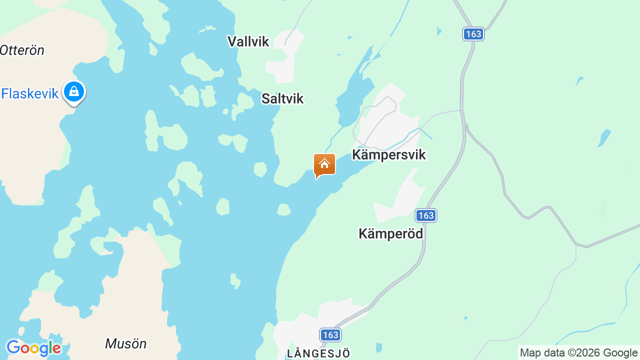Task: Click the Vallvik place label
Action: click(248, 41)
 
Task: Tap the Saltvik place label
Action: click(282, 98)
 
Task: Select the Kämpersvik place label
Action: click(388, 154)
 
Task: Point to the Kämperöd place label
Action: click(390, 233)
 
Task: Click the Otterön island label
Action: click(22, 50)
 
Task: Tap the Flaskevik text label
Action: click(30, 93)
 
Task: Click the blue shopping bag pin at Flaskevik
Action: click(74, 92)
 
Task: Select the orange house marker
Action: click(324, 164)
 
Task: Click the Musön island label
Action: click(125, 343)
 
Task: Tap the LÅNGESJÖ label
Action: click(318, 353)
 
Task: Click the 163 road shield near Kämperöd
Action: click(426, 215)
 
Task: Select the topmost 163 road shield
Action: click(473, 34)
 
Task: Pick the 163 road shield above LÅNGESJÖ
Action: click(330, 335)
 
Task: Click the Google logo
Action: click(33, 348)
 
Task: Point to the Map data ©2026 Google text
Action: click(578, 352)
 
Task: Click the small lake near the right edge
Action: click(604, 137)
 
